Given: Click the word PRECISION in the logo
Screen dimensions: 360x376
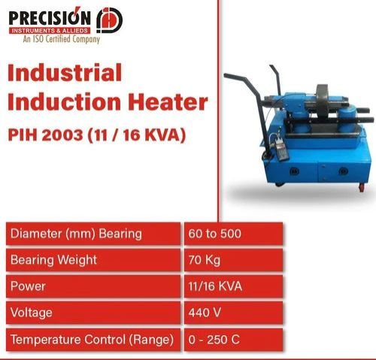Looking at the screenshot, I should pos(50,17).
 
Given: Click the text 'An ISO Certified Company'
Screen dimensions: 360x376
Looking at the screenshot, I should pos(60,40).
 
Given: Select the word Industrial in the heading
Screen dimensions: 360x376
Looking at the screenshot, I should pos(65,74).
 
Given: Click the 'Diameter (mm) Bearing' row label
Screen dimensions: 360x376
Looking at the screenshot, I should pos(76,234).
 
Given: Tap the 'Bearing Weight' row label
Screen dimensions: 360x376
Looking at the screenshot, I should pos(54,260).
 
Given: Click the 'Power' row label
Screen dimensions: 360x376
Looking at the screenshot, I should pos(29,286).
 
